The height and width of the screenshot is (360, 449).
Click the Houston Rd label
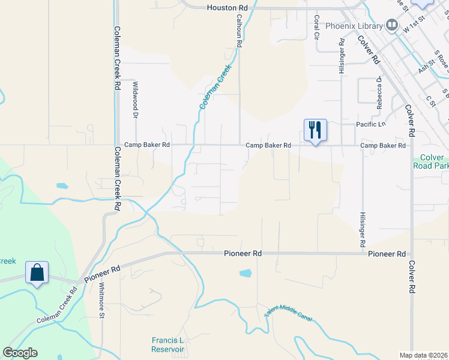(x=227, y=8)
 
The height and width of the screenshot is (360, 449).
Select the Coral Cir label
(x=316, y=27)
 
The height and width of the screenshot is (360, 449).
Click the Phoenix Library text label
(x=354, y=26)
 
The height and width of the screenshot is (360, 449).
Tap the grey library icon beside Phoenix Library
(x=392, y=25)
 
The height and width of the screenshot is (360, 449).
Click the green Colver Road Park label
(x=431, y=161)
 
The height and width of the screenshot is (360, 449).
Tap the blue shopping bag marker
(x=37, y=272)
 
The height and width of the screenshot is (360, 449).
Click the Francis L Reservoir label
(x=167, y=344)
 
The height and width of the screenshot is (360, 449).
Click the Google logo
(x=20, y=353)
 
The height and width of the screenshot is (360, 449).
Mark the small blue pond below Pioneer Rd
(x=246, y=273)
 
